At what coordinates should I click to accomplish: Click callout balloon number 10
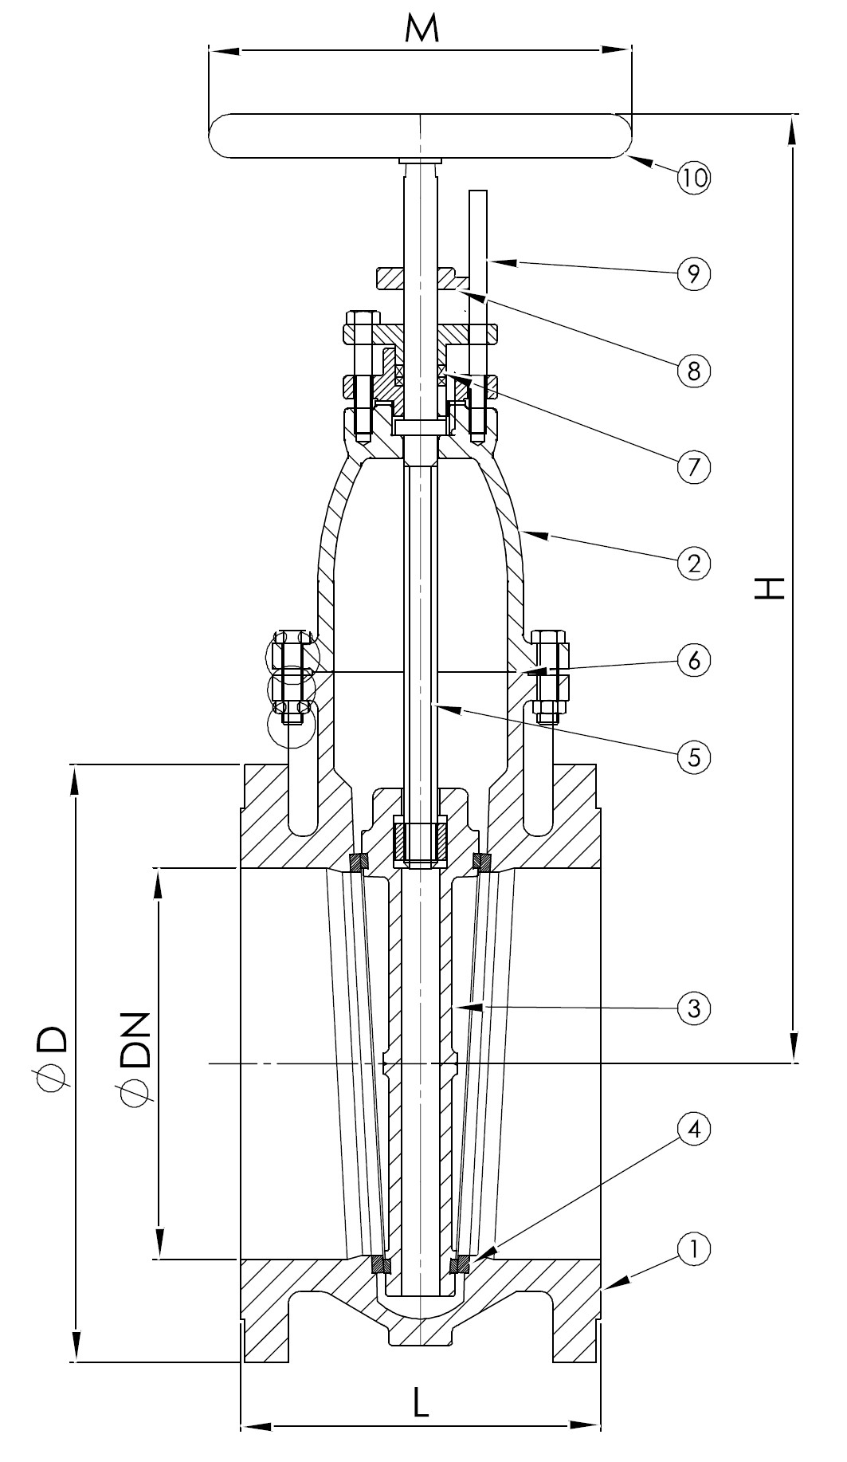click(x=693, y=177)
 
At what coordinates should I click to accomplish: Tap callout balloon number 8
click(x=693, y=370)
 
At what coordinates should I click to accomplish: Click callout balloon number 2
click(x=693, y=564)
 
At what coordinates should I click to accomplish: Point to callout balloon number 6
click(x=693, y=660)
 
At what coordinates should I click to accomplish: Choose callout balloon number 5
click(x=693, y=757)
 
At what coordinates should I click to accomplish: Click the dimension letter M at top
click(x=421, y=30)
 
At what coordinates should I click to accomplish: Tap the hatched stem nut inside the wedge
click(x=421, y=842)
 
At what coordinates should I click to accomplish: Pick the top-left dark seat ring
click(x=359, y=863)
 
